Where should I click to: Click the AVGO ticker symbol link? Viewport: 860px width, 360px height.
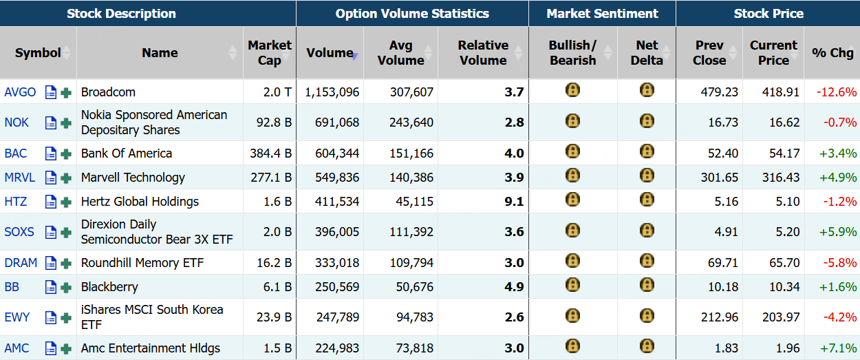pyautogui.click(x=20, y=92)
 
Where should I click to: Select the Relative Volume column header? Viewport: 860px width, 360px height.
pyautogui.click(x=483, y=52)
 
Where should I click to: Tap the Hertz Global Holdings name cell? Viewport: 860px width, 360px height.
pyautogui.click(x=140, y=201)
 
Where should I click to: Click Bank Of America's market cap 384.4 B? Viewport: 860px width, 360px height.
pyautogui.click(x=270, y=153)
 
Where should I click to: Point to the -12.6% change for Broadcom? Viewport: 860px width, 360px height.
pyautogui.click(x=837, y=92)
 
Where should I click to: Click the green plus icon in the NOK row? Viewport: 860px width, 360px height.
pyautogui.click(x=66, y=123)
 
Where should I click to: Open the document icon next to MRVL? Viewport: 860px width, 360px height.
pyautogui.click(x=51, y=178)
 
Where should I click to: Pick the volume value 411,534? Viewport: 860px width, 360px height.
pyautogui.click(x=337, y=201)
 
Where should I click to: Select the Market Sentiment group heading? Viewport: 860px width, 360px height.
pyautogui.click(x=602, y=14)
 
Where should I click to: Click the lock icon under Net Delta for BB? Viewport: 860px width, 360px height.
pyautogui.click(x=647, y=285)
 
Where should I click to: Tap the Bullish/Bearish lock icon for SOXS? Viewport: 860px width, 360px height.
pyautogui.click(x=572, y=231)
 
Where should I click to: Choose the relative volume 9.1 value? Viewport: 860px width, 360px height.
pyautogui.click(x=514, y=201)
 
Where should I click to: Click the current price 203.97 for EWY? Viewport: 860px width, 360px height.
pyautogui.click(x=780, y=317)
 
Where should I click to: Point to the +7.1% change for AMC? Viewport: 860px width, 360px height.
pyautogui.click(x=838, y=348)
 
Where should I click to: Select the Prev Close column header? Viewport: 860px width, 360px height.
pyautogui.click(x=709, y=52)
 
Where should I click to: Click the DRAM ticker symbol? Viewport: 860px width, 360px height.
pyautogui.click(x=21, y=263)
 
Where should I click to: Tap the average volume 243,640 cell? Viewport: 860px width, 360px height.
pyautogui.click(x=411, y=122)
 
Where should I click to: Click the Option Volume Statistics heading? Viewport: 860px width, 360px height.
pyautogui.click(x=412, y=14)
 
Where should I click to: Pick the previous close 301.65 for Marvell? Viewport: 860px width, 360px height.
pyautogui.click(x=720, y=177)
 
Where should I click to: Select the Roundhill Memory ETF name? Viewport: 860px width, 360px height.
pyautogui.click(x=142, y=263)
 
